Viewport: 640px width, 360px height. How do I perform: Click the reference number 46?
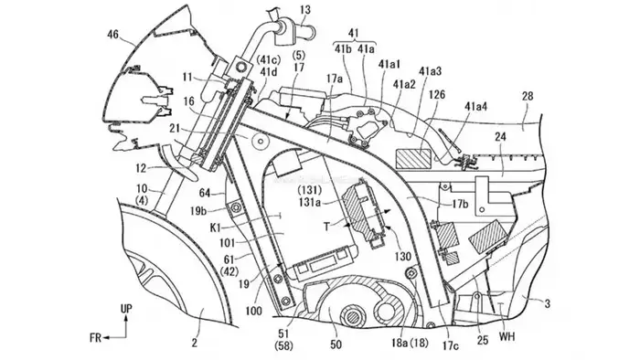click(x=112, y=35)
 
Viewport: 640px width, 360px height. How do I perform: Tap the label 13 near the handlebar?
click(x=304, y=9)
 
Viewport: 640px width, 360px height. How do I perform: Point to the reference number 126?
click(x=437, y=95)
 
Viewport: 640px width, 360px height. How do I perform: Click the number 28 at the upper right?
click(x=528, y=96)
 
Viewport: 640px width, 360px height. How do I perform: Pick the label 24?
click(x=500, y=136)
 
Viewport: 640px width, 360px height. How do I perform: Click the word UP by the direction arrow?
click(x=126, y=309)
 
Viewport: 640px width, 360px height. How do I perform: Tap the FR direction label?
click(x=96, y=337)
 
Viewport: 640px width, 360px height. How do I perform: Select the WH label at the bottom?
click(x=507, y=337)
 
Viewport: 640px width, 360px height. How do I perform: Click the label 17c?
click(x=451, y=346)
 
